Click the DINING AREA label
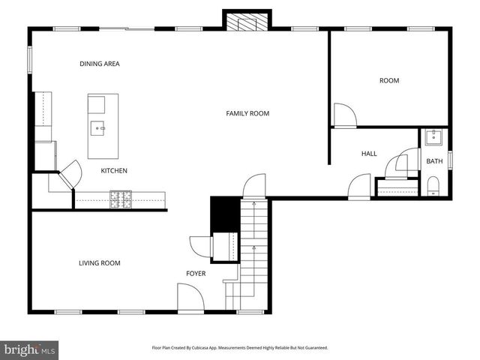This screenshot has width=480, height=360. pos(100,64)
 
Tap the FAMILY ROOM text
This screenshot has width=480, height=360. pos(247,113)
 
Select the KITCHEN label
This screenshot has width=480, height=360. pos(114,171)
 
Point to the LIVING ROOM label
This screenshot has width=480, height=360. pos(100,263)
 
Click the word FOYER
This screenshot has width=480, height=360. pos(196,274)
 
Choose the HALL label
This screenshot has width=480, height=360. pos(369,154)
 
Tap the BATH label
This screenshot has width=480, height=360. pos(434,161)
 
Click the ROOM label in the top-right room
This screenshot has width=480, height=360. pos(388,80)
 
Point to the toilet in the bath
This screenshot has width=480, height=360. pos(433,187)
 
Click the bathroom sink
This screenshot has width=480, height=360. pos(433,137)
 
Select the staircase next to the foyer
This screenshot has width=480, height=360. pos(253,240)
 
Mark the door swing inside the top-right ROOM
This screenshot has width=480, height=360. pos(345,115)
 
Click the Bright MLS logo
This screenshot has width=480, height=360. pos(30,349)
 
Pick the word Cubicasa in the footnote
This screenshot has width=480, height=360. pos(215,348)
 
